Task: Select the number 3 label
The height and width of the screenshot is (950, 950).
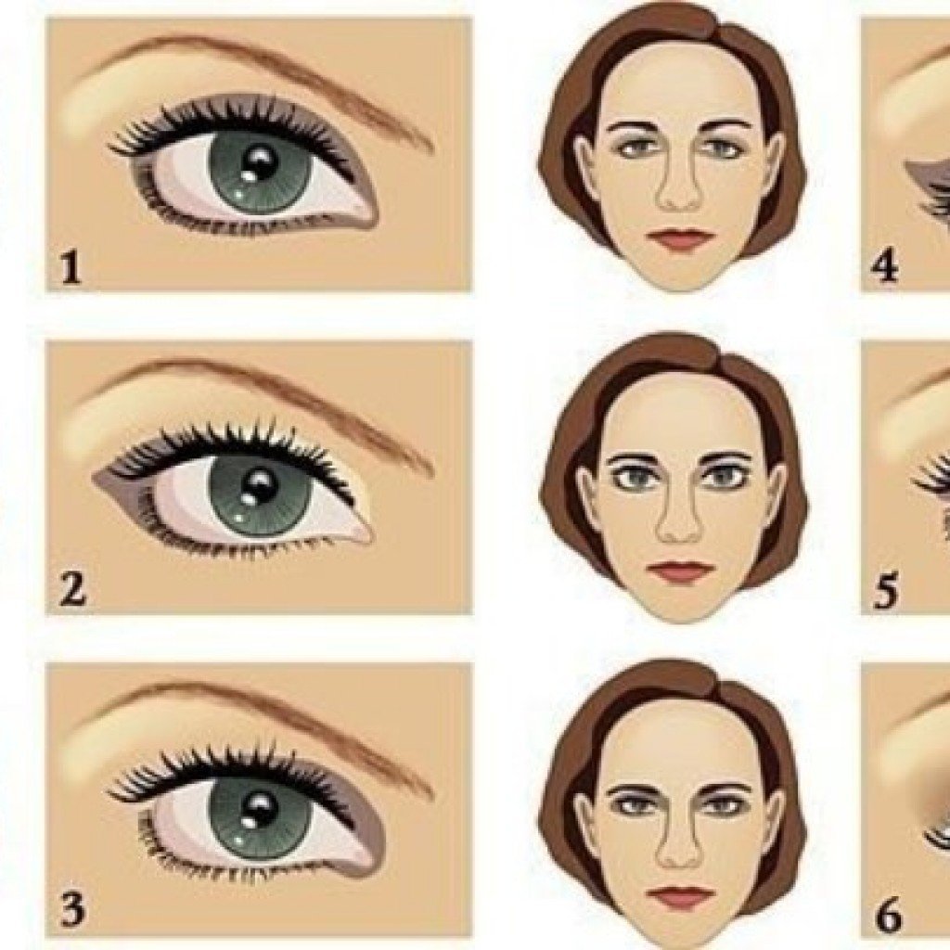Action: coord(72,911)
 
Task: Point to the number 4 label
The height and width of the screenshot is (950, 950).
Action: coord(884,267)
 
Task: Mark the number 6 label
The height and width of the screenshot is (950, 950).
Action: coord(888,916)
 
